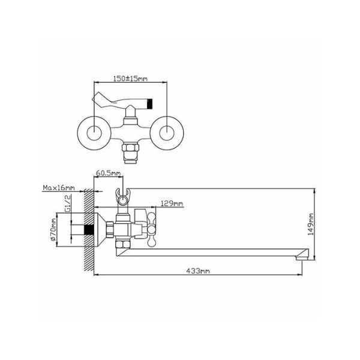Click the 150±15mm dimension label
pos(130,79)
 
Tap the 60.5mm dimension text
pos(108,173)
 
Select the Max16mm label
pos(59,188)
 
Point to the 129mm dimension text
pos(172,203)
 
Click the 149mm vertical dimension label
pos(311,224)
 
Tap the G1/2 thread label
pos(67,204)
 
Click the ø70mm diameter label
pos(53,230)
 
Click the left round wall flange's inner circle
pos(94,133)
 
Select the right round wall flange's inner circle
pos(167,133)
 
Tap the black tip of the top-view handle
pos(149,104)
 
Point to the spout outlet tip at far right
pos(302,258)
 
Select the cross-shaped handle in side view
pos(152,229)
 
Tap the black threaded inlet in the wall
pos(89,230)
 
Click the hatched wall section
pos(89,230)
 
